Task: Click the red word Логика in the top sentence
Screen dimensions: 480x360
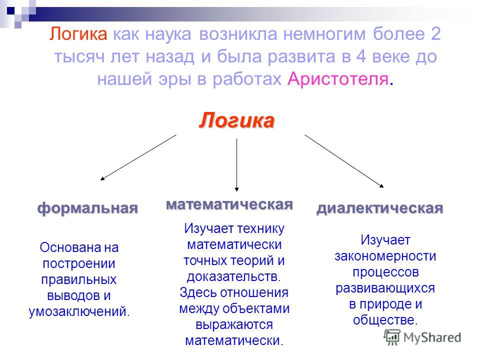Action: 78,34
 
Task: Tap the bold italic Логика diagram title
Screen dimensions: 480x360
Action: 236,120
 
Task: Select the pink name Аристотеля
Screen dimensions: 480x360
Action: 338,79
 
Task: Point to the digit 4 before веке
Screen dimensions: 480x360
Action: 361,56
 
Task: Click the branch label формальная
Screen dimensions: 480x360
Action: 87,208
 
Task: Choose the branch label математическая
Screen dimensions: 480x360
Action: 229,204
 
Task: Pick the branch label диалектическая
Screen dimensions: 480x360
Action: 380,208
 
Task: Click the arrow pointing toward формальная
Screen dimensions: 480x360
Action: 138,157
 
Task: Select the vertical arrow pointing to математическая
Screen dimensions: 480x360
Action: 236,165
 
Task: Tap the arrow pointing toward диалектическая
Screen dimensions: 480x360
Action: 344,161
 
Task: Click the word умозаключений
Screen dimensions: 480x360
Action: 79,311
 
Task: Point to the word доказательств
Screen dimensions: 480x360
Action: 233,276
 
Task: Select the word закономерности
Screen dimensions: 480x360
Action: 385,256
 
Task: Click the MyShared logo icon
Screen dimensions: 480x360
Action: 392,337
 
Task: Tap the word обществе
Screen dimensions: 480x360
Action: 385,320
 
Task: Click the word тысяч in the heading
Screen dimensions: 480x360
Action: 79,57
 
